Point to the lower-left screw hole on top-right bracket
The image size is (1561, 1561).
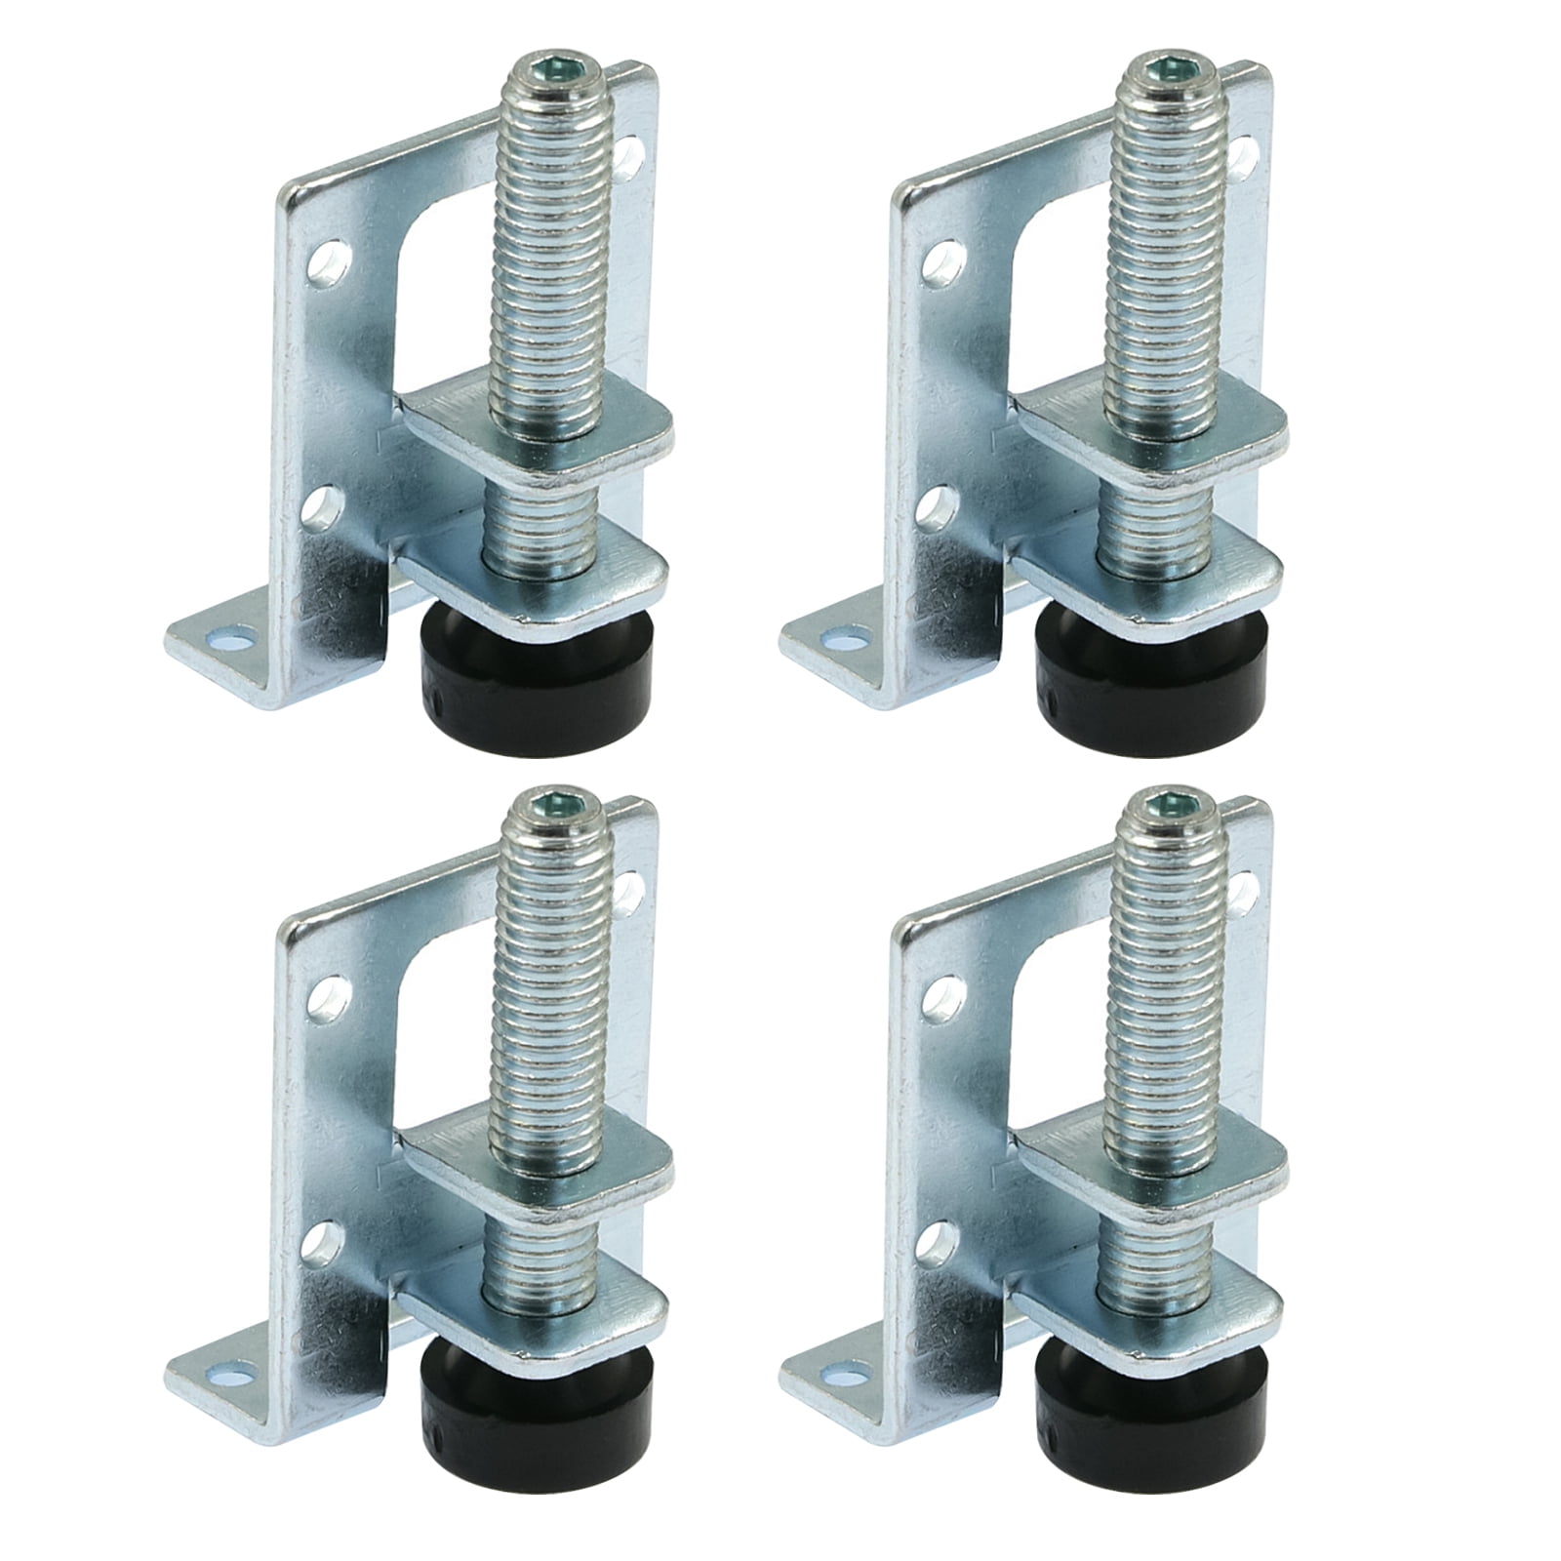(x=940, y=506)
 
